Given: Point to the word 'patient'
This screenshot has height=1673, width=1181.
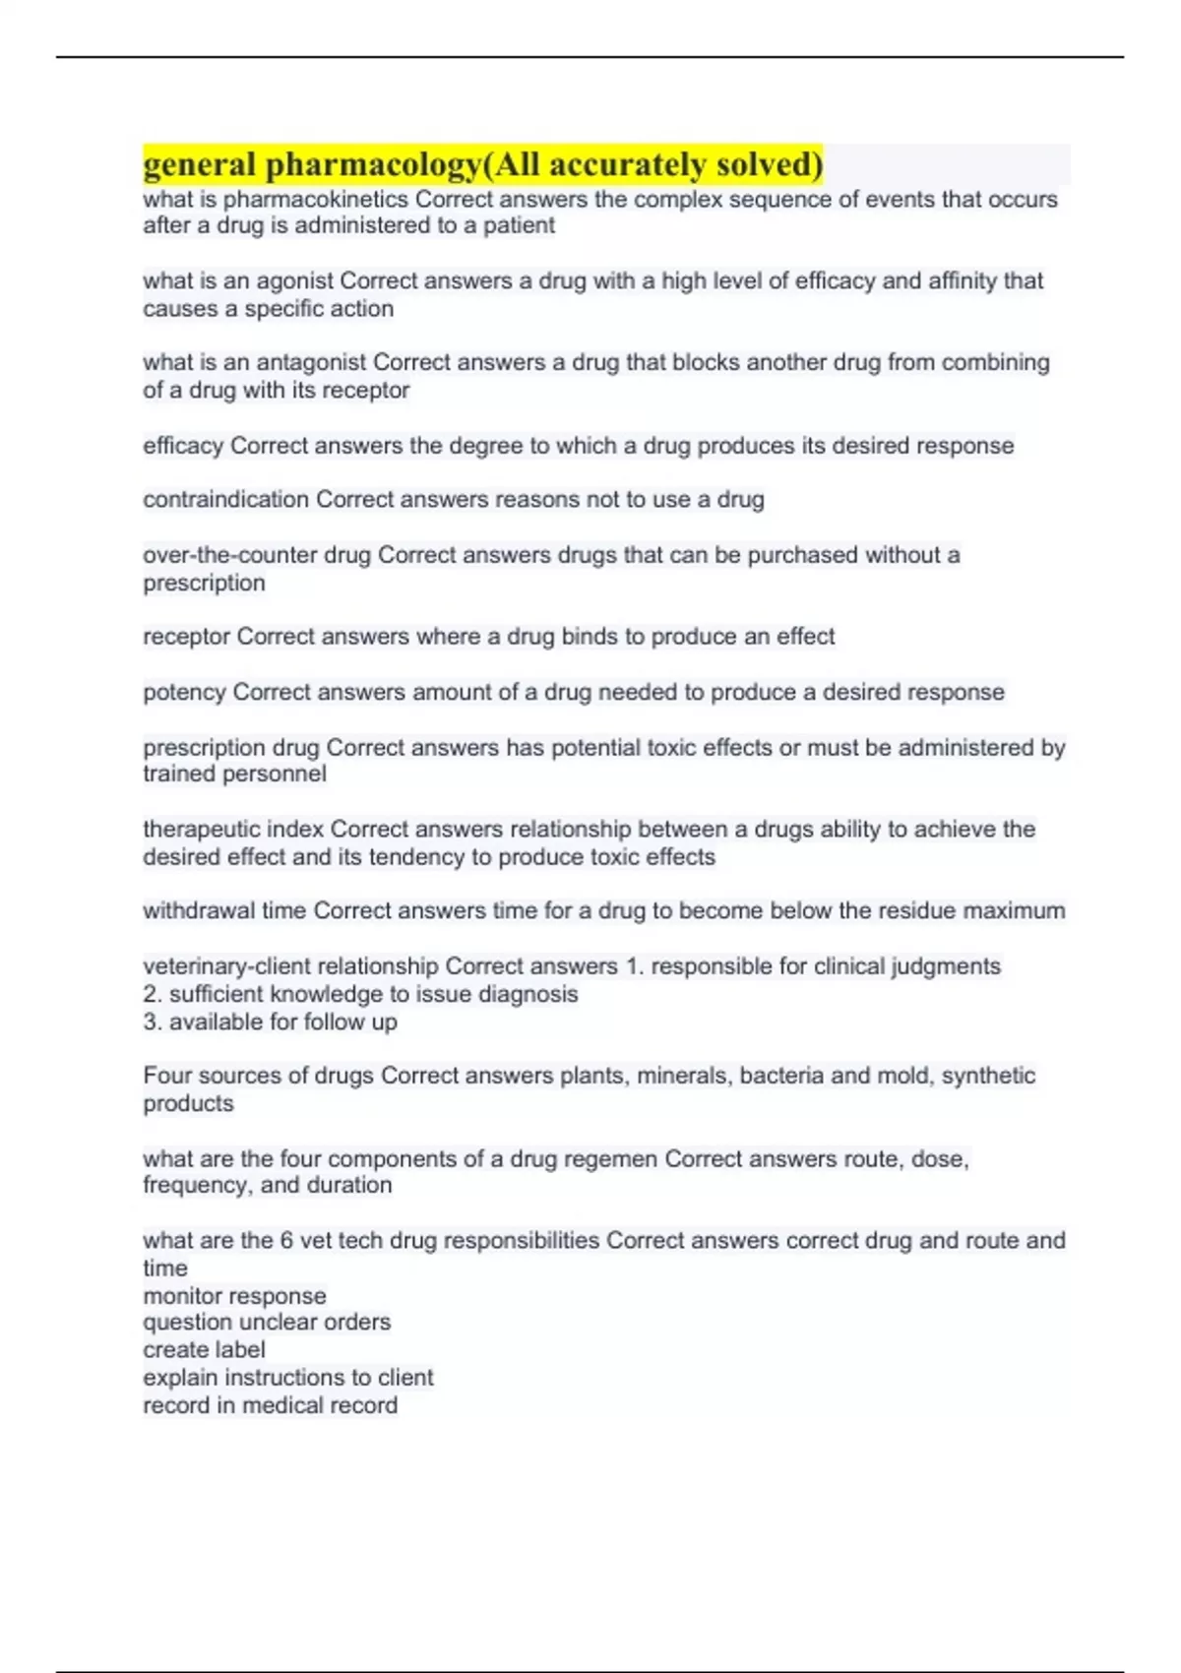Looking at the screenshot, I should click(x=519, y=226).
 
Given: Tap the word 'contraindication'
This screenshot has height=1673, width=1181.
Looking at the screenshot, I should click(x=226, y=500).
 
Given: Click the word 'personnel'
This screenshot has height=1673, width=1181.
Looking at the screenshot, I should click(x=278, y=775).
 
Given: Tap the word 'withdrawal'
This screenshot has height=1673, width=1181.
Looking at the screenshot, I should click(x=198, y=911).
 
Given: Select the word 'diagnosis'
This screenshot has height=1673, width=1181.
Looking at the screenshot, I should click(x=528, y=995).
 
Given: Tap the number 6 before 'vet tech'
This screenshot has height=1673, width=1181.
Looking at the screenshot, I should click(x=286, y=1241).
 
